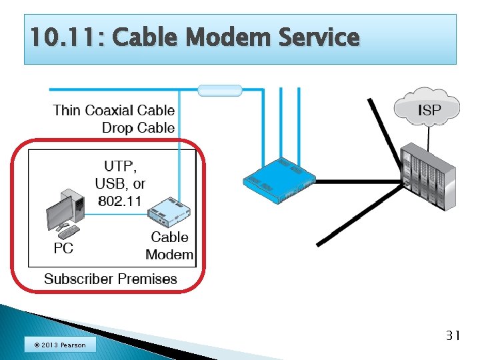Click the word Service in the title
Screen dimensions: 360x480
[x=315, y=37]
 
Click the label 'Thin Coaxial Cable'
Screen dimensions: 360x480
[x=114, y=110]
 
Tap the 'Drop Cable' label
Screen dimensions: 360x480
[x=138, y=127]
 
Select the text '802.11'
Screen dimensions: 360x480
[x=120, y=200]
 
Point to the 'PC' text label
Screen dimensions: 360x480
[x=63, y=249]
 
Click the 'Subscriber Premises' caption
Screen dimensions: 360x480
[x=111, y=279]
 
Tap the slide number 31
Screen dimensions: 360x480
[x=453, y=335]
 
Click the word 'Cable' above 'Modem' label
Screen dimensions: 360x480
[x=169, y=237]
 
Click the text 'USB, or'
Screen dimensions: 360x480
[x=120, y=183]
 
